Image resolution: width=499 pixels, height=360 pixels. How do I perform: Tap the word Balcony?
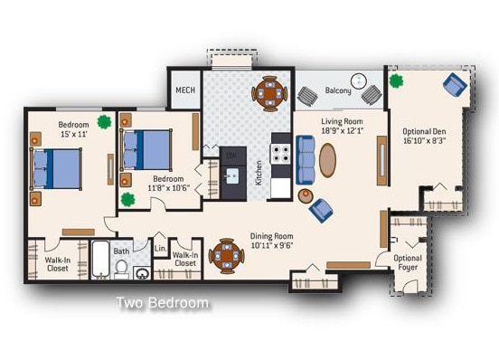[338, 90]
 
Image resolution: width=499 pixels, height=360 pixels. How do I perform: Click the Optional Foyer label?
[409, 263]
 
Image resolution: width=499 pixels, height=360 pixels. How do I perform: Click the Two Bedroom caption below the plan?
[163, 303]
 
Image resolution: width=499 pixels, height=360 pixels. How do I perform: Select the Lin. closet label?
[160, 248]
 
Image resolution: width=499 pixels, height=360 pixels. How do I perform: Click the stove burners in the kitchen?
[281, 151]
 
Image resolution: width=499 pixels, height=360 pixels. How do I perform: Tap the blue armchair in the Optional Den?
[455, 85]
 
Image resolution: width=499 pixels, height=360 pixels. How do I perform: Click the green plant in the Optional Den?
[395, 81]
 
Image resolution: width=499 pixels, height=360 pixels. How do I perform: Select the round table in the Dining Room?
[225, 256]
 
